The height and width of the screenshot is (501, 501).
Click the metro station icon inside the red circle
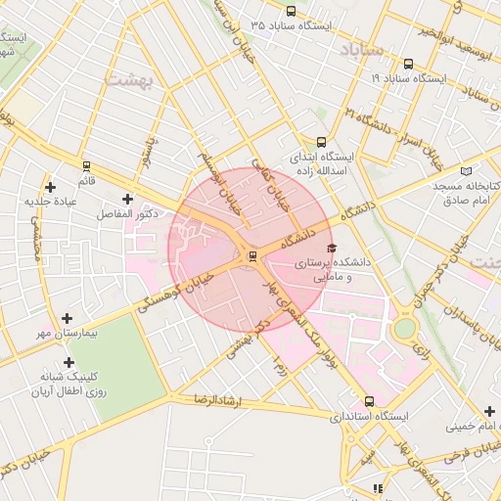(253, 256)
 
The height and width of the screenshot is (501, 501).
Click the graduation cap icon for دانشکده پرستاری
(331, 249)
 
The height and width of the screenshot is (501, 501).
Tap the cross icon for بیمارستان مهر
(67, 318)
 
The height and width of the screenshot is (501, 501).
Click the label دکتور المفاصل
(127, 213)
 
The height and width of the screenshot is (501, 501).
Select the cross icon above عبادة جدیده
(51, 186)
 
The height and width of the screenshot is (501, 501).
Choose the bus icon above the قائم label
(87, 166)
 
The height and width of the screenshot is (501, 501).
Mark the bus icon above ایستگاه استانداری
(369, 401)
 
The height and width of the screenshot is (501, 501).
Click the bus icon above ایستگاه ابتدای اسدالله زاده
(322, 142)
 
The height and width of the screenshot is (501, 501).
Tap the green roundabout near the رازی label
(403, 328)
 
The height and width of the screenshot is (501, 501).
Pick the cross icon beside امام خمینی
(488, 412)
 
